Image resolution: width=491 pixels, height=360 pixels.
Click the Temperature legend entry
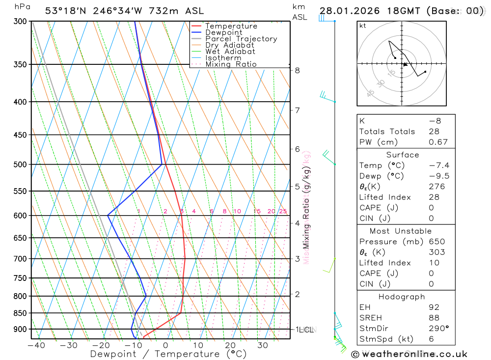tap(231, 26)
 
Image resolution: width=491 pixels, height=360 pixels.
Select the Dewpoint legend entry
tap(223, 32)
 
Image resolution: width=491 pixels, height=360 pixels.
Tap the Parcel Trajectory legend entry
tap(241, 39)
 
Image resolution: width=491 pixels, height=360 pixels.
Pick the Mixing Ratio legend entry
tap(231, 64)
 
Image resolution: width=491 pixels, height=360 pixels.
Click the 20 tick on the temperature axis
tap(230, 345)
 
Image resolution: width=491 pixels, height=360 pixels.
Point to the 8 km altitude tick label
tap(298, 70)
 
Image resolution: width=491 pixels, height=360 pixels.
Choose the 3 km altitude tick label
tap(298, 259)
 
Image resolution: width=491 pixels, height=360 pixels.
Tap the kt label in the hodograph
tap(363, 26)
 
